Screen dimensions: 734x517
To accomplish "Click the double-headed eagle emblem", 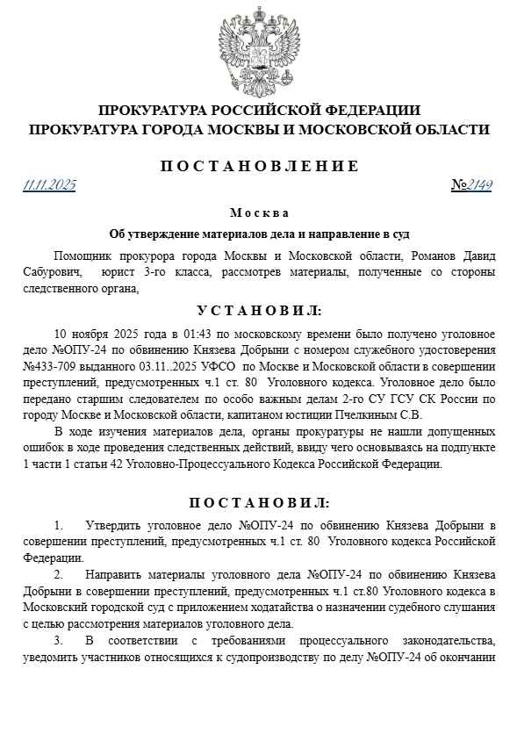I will (x=259, y=49).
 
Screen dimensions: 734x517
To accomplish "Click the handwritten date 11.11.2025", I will (x=50, y=185).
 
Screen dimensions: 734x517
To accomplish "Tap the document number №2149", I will (x=471, y=185).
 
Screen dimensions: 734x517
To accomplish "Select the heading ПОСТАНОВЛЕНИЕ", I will (x=259, y=166).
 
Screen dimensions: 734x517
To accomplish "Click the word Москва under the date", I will (x=259, y=213).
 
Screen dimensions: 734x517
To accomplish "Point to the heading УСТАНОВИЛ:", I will (x=259, y=311).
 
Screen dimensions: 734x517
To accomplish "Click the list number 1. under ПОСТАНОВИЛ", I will (x=59, y=526).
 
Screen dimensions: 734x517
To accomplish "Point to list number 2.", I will (x=59, y=575).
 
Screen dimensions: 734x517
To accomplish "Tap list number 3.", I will (x=59, y=640).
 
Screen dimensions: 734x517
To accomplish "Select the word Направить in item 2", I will (x=119, y=575).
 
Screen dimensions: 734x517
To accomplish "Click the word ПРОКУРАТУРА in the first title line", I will (x=154, y=111).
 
